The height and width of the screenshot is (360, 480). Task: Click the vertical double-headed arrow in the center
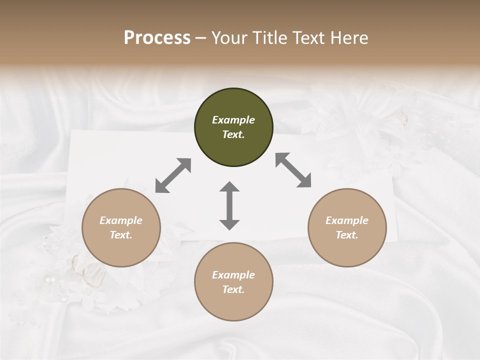(229, 205)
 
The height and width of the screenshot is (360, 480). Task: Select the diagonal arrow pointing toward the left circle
(173, 175)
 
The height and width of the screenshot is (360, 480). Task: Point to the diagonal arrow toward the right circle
(293, 170)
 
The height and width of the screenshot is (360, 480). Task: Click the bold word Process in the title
(157, 37)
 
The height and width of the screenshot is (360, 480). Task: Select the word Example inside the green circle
(233, 120)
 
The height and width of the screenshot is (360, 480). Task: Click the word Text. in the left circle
(121, 235)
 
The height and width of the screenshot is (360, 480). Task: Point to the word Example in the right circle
(347, 220)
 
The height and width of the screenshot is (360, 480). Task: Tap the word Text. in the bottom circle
(233, 289)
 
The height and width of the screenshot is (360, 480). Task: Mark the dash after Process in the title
(201, 38)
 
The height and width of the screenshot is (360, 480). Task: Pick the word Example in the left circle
(121, 220)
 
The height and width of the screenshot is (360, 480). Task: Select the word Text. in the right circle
(347, 235)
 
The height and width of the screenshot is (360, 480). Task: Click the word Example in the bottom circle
(233, 275)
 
